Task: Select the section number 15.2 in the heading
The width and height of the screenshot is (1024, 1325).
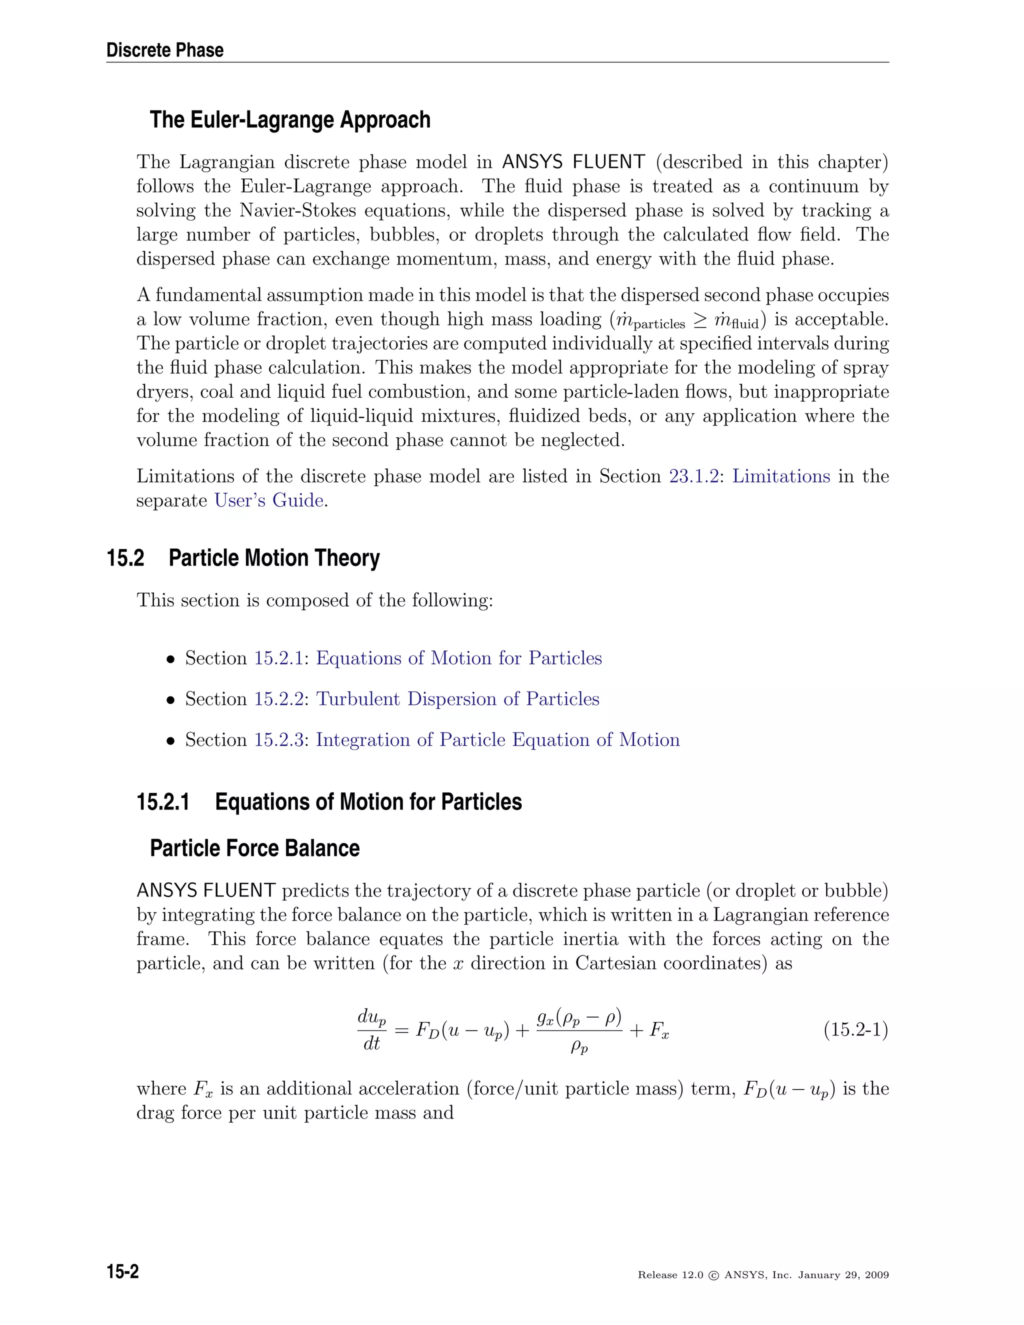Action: [125, 558]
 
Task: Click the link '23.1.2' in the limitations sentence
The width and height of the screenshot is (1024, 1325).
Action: [693, 476]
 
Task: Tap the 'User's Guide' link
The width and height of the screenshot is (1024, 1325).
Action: [268, 500]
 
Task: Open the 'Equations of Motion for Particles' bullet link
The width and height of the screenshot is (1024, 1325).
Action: [458, 658]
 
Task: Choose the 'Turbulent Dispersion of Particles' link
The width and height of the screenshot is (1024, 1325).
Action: [457, 699]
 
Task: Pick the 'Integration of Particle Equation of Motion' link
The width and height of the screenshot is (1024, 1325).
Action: [497, 740]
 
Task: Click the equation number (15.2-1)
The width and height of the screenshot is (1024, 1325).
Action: [855, 1030]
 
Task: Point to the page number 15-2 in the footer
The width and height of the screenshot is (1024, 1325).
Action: [122, 1271]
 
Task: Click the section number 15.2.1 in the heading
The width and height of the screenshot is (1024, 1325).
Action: [162, 802]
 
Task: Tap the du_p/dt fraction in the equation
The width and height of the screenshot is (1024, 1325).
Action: [371, 1030]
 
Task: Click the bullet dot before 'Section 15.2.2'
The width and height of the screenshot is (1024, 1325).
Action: [171, 700]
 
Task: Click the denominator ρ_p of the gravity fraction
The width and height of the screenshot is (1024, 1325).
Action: [579, 1047]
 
